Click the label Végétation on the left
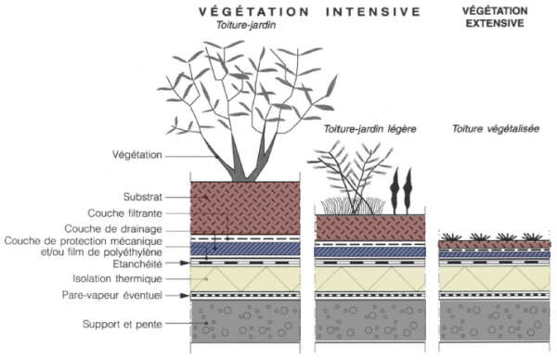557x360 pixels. point(136,155)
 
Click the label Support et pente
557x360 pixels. point(121,326)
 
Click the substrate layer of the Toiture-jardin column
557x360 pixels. point(246,206)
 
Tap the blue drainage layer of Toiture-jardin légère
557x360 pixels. point(370,251)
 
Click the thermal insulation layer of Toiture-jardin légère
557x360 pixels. point(370,276)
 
